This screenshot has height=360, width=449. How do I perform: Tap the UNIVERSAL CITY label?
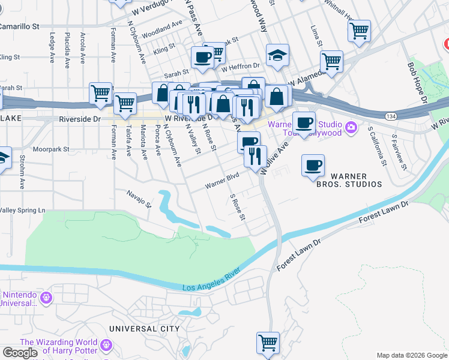144,329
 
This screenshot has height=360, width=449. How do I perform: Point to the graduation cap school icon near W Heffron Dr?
277,56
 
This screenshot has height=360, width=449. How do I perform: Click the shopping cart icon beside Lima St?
331,61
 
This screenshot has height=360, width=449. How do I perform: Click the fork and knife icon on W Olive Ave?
255,156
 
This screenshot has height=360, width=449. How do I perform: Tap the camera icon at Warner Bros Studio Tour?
352,127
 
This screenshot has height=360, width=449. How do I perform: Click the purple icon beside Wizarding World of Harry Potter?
106,346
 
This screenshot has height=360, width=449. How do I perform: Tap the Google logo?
20,353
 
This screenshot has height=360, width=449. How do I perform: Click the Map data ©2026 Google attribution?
411,355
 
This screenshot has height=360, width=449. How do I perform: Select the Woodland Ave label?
162,26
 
